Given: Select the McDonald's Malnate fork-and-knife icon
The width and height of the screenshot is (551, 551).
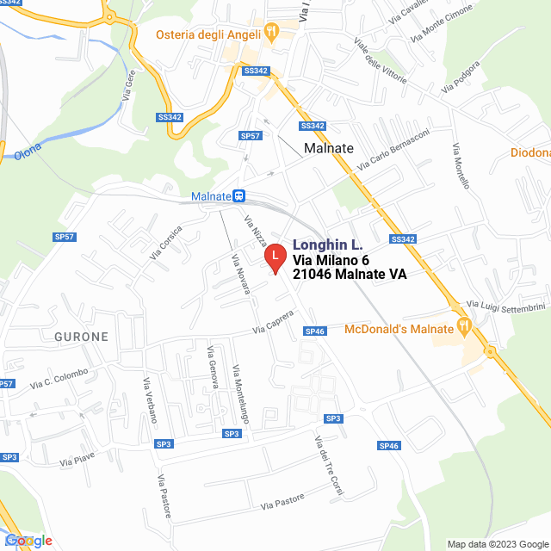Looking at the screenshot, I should click(464, 326).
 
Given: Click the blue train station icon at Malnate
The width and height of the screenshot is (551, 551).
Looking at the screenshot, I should click(238, 196).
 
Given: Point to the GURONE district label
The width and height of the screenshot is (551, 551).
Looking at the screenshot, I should click(83, 337).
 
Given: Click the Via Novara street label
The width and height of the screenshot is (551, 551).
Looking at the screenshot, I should click(239, 274).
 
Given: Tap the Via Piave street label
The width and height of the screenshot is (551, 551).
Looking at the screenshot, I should click(77, 458).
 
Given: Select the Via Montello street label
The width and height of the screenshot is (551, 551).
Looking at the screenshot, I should click(461, 166).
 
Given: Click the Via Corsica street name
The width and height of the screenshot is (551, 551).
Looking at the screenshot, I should click(166, 242).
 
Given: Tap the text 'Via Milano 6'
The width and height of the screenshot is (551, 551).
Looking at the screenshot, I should click(331, 260).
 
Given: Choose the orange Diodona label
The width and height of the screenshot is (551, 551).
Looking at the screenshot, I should click(530, 152).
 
